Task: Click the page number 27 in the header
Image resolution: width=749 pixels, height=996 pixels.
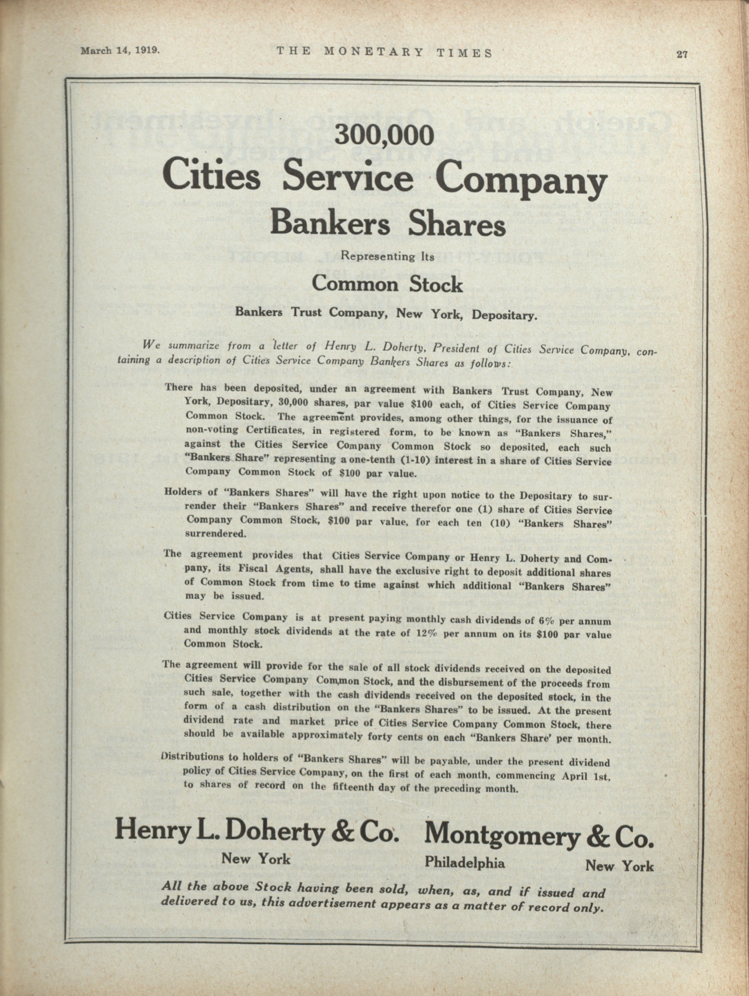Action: coord(681,55)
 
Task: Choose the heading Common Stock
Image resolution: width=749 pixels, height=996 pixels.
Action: coord(387,284)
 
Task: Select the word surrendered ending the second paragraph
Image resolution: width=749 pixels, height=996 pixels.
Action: coord(216,533)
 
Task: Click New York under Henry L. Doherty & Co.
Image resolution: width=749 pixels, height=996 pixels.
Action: coord(256,859)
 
